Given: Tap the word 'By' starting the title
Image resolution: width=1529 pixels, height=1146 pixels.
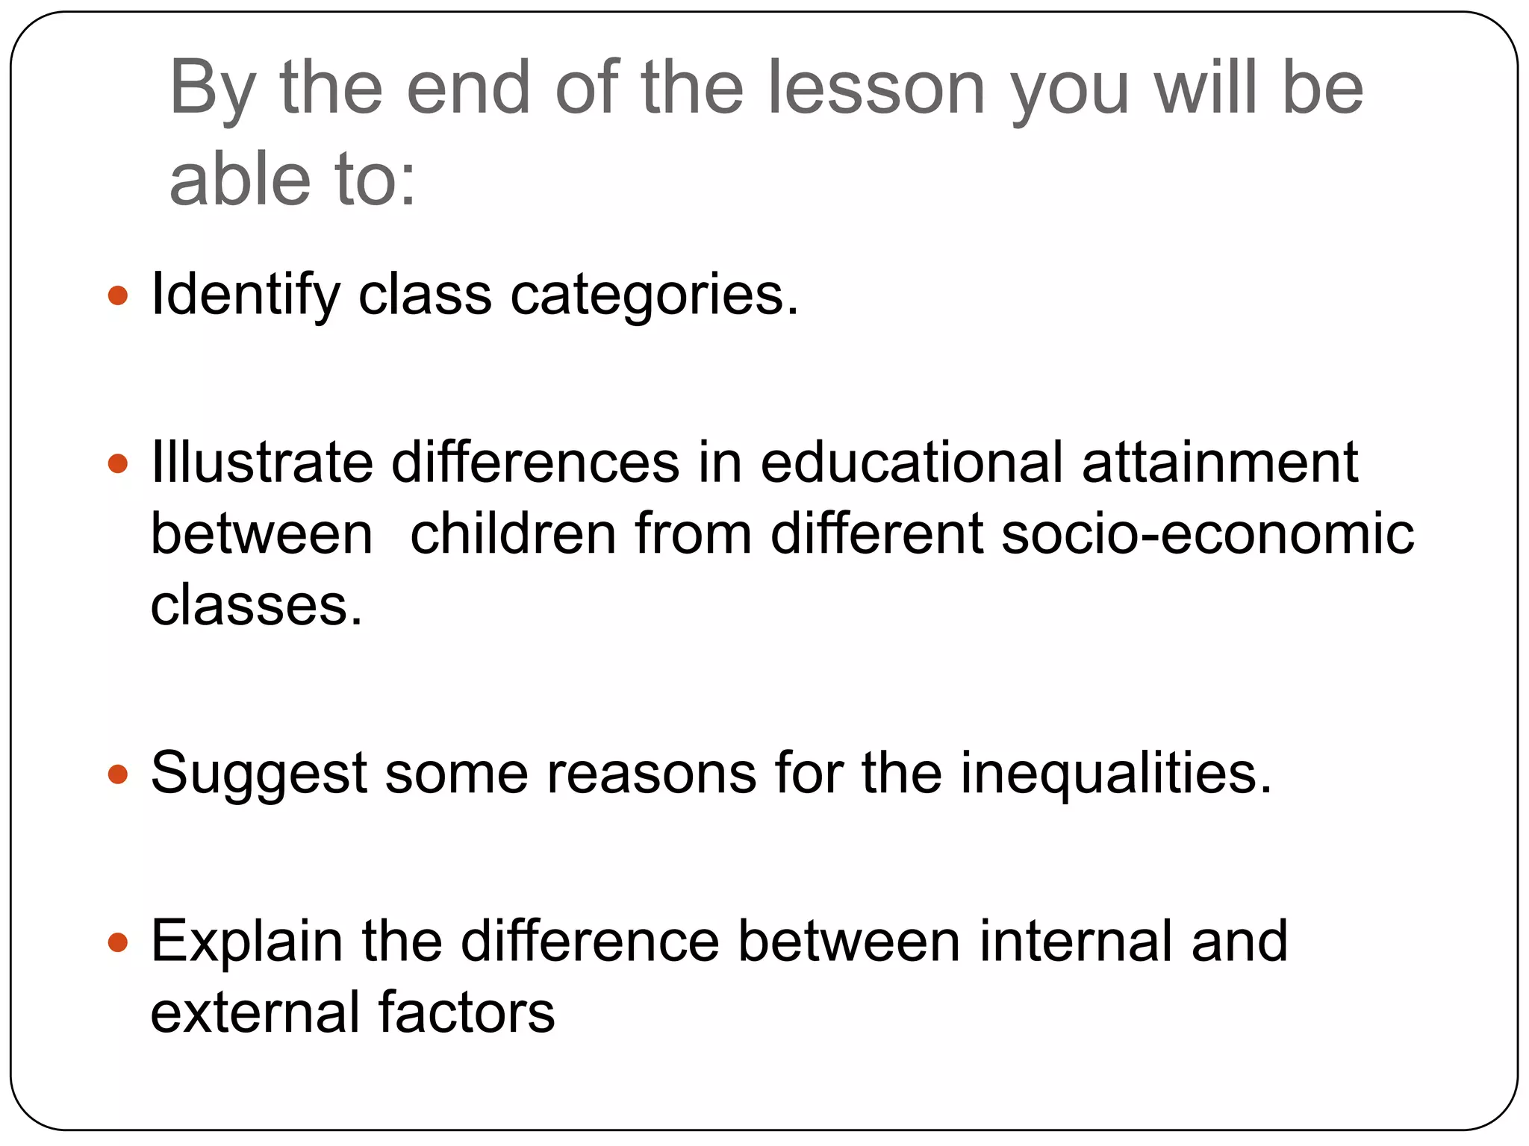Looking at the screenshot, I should (213, 90).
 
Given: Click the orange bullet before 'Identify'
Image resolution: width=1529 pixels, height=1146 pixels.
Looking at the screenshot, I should (118, 295).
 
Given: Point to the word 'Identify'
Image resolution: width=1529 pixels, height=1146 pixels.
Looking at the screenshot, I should (246, 295).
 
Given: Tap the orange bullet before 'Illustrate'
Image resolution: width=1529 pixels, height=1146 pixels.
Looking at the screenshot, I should (118, 464).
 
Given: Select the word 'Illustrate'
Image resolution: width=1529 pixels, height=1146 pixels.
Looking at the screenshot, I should (261, 463).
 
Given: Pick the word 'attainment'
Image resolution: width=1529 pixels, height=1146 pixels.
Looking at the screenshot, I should (1220, 463).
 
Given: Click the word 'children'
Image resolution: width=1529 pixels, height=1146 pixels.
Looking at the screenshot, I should (513, 534).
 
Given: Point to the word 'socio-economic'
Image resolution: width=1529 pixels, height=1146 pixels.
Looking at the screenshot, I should (1207, 534).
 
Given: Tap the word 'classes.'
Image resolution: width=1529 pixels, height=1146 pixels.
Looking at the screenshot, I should (256, 605).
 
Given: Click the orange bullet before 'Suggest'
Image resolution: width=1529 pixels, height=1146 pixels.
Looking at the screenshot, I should (118, 774).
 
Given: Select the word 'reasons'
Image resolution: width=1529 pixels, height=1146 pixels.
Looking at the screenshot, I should (652, 774).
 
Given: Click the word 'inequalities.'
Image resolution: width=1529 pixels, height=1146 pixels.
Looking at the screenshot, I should (1116, 774).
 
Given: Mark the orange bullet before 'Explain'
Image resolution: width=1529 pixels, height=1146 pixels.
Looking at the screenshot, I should (118, 942).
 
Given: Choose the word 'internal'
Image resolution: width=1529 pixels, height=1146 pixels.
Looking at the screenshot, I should (1076, 942).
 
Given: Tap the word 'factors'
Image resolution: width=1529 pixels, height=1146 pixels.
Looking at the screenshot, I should (467, 1012).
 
